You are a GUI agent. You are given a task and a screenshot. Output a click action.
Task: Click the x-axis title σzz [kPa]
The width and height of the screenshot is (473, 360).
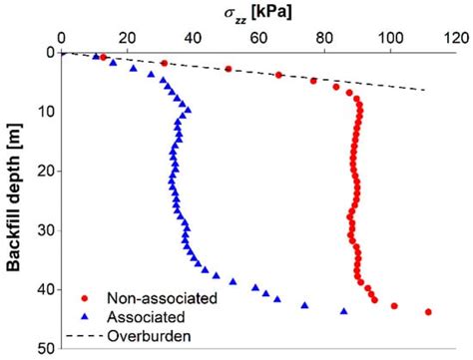pyautogui.click(x=257, y=12)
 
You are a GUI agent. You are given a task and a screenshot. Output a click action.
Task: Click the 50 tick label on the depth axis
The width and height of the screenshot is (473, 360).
pyautogui.click(x=46, y=349)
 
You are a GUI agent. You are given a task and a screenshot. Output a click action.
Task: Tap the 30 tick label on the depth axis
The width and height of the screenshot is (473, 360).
pyautogui.click(x=46, y=230)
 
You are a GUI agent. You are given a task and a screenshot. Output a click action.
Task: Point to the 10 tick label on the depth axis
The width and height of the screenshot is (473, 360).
pyautogui.click(x=46, y=111)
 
